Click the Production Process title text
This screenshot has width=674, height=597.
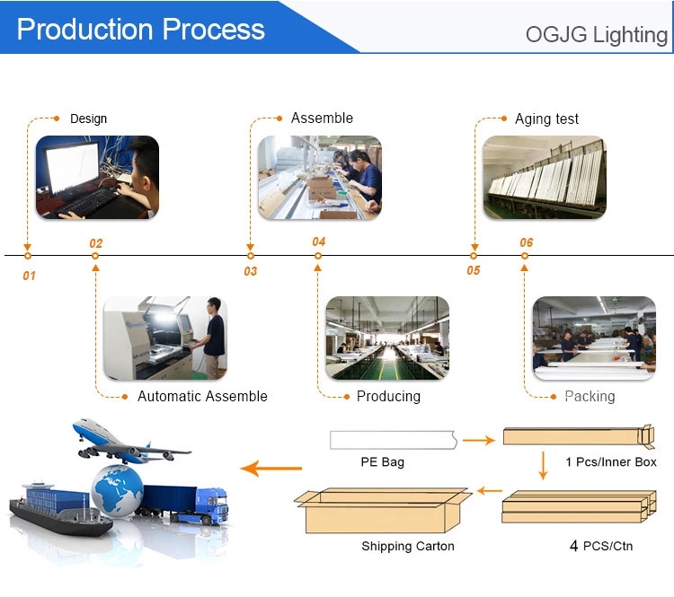[140, 30]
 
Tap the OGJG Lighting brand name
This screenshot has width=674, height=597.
[596, 35]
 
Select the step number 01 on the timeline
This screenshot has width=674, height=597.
[30, 276]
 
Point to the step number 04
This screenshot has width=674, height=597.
[318, 241]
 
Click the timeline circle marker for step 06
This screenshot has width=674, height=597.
[525, 256]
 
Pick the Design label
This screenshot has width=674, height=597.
[89, 119]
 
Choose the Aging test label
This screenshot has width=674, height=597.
[546, 119]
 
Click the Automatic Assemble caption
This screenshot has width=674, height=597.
[202, 396]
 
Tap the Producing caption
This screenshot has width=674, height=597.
[388, 396]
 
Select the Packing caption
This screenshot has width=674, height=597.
[590, 396]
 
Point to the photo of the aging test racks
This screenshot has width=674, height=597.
[545, 178]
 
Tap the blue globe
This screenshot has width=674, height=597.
[118, 490]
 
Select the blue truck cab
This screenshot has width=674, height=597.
[211, 505]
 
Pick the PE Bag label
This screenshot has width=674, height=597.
[383, 462]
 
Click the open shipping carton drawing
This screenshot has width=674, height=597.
[383, 510]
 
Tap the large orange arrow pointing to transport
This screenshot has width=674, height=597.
[271, 468]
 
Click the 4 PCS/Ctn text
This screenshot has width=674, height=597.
[601, 546]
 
